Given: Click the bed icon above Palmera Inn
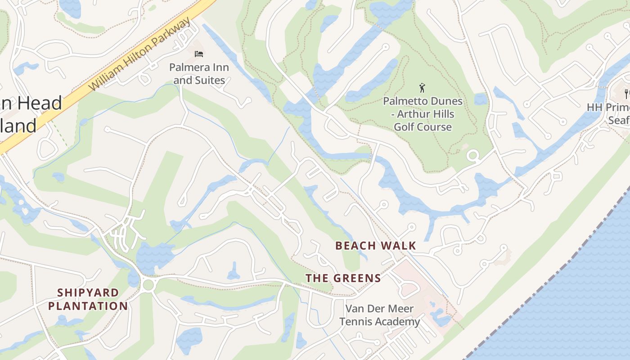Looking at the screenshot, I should coord(199,54).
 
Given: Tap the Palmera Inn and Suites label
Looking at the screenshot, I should coord(199,74).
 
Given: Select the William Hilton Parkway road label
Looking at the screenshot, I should coord(140,55).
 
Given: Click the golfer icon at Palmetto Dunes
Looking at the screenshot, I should coord(422,87).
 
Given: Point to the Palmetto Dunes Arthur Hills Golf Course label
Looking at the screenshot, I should coord(423,114).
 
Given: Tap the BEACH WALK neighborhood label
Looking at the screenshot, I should coord(376,246).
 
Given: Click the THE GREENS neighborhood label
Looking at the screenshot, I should coord(343,278).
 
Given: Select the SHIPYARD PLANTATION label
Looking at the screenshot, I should coord(88,299).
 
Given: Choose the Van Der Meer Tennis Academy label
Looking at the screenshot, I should coord(379,315).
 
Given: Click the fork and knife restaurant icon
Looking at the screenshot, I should coord(626,94).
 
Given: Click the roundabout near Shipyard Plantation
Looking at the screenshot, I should coord(148,284).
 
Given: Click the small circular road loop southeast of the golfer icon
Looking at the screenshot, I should coord(472,156).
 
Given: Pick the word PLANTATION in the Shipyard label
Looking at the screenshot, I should coord(88,306).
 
